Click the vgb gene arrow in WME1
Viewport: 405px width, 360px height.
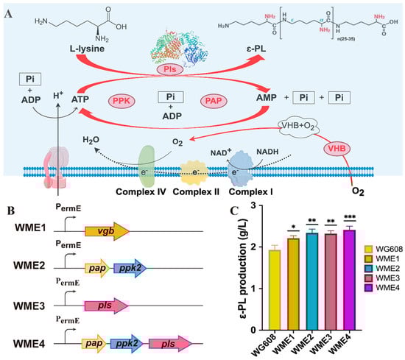point(107,232)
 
